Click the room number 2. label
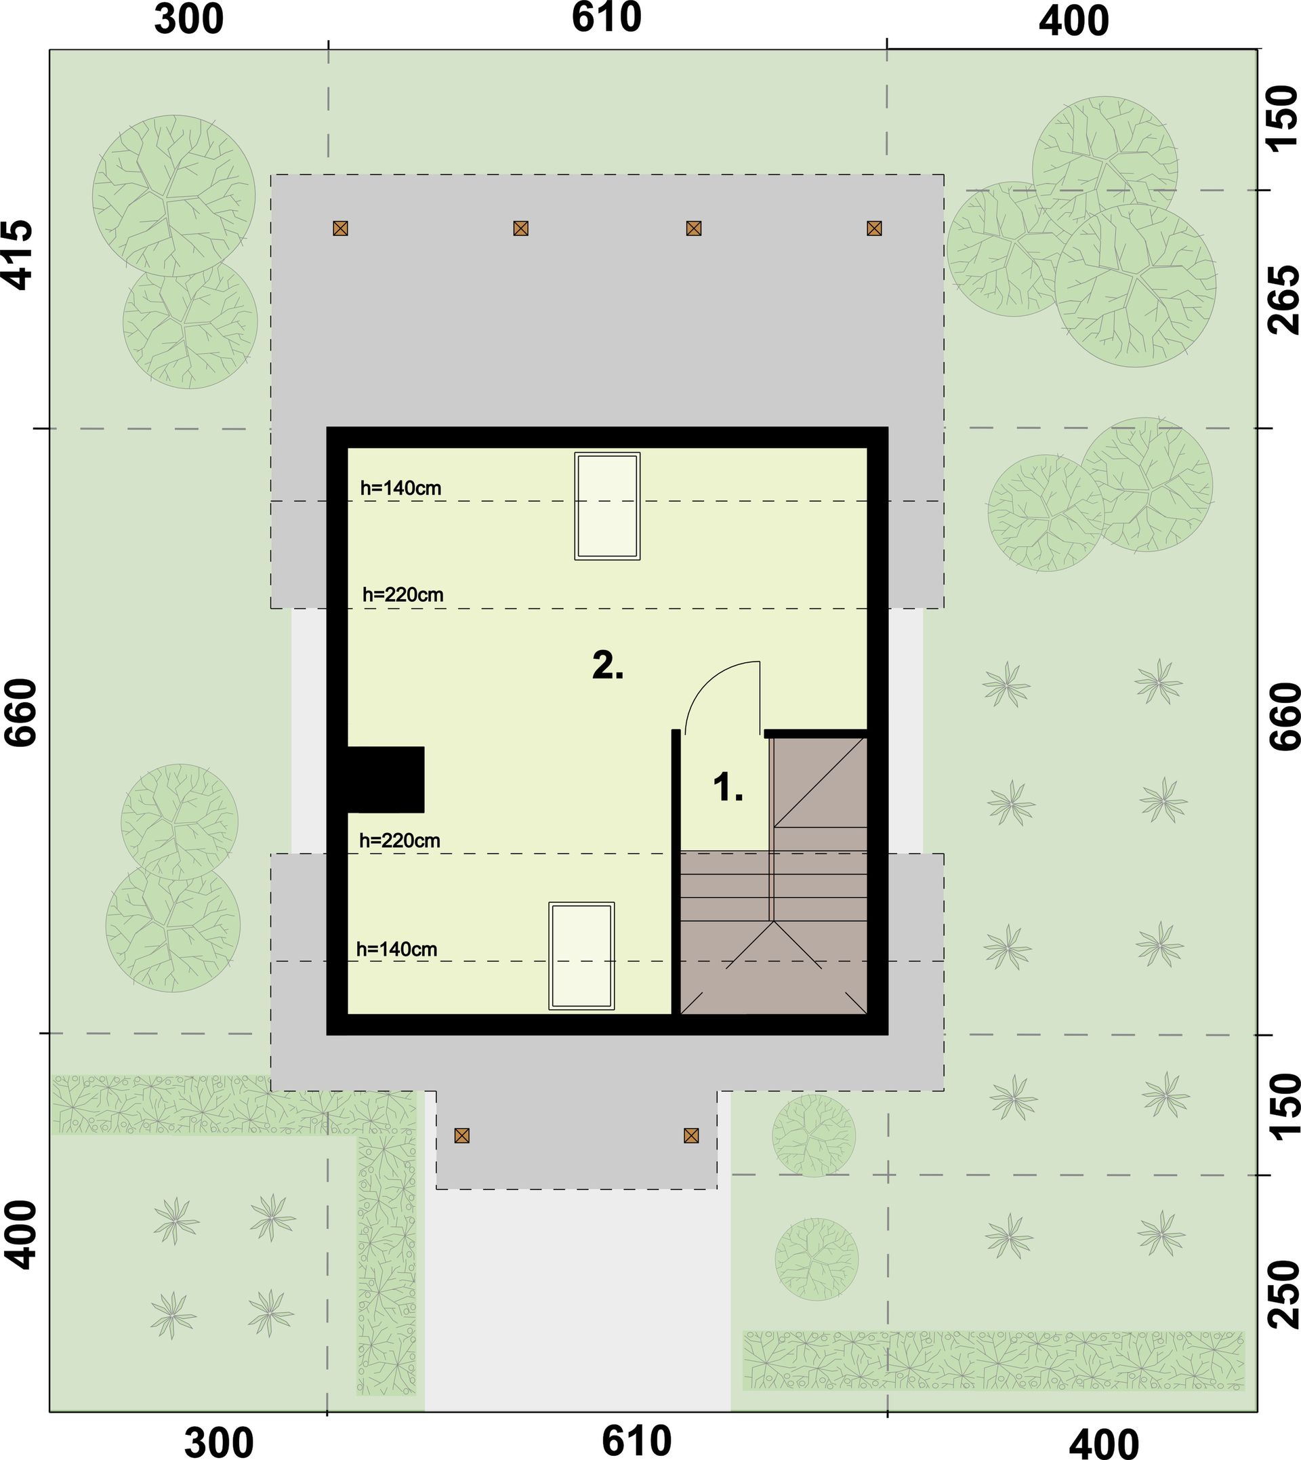click(608, 666)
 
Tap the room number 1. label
click(728, 788)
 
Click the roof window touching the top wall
click(607, 505)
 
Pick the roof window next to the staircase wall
click(581, 956)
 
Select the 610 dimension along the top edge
click(606, 18)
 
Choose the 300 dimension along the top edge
click(189, 20)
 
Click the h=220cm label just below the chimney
click(400, 841)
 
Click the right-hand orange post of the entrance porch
click(690, 1135)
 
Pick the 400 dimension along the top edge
click(1073, 22)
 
